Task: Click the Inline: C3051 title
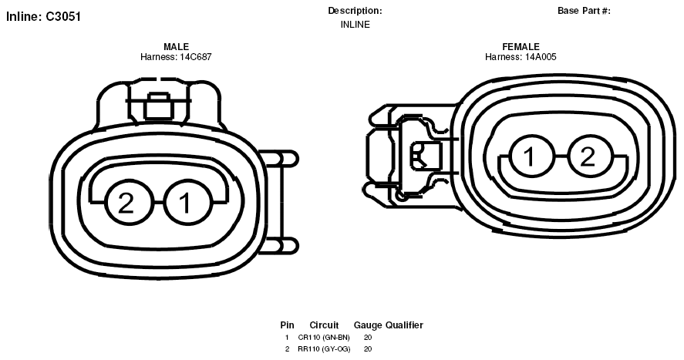[43, 16]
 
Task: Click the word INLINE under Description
[355, 25]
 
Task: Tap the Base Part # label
[584, 11]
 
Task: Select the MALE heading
[177, 46]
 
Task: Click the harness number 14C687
[196, 56]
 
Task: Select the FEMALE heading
[521, 46]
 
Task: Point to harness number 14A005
[541, 56]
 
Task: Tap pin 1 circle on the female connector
[531, 156]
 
